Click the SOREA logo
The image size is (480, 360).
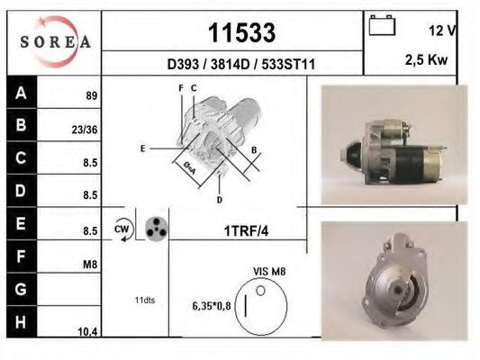pos(55,41)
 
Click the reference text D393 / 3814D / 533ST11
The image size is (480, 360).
pos(240,65)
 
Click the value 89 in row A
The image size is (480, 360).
pos(91,95)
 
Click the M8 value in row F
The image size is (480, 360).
pos(89,265)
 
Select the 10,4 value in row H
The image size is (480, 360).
pos(87,332)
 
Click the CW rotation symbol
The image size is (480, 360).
pos(121,229)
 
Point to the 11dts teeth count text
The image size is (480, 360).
pos(144,300)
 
